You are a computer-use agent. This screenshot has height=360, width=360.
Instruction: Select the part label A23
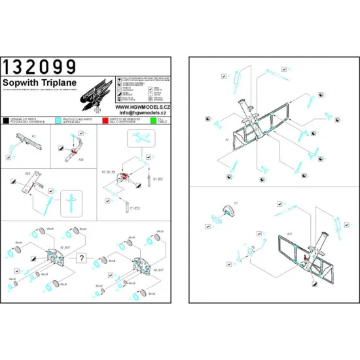[x=28, y=173]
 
